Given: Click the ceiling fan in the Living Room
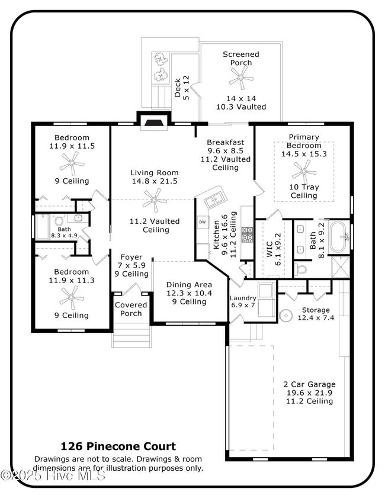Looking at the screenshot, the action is (155, 200).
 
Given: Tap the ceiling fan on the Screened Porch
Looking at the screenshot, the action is (241, 78).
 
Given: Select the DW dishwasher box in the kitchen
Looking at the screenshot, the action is (203, 222).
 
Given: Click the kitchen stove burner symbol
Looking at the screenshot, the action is (247, 234).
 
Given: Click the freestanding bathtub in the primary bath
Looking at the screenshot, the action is (339, 237).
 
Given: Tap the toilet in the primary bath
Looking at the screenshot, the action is (300, 269).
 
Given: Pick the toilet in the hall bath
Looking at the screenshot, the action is (59, 220).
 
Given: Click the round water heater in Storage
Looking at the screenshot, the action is (285, 316).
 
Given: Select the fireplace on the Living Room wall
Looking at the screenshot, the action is (154, 121).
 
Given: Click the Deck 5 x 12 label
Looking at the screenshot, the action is (182, 88).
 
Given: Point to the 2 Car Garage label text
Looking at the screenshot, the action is (309, 384).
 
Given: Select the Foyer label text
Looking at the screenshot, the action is (131, 257).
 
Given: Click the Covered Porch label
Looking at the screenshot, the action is (131, 309).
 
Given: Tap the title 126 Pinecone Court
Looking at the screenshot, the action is (118, 446).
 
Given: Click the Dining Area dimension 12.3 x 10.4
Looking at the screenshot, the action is (189, 293).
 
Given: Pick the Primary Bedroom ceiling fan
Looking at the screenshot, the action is (304, 172).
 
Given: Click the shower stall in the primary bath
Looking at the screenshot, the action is (340, 267).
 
